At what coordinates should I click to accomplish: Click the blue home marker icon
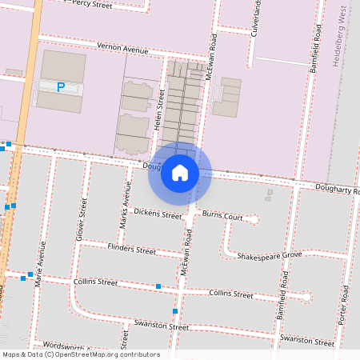point(180,173)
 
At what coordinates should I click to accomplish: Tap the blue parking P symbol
point(61,87)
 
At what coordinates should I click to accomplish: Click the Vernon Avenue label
point(122,48)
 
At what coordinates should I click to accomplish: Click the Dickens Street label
point(158,214)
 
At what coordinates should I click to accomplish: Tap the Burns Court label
point(222,216)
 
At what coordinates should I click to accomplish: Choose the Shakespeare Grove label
point(269,255)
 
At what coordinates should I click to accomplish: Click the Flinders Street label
point(132,250)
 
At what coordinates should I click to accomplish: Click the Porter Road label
point(345,299)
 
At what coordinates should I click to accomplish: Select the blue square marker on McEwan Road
point(175,310)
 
